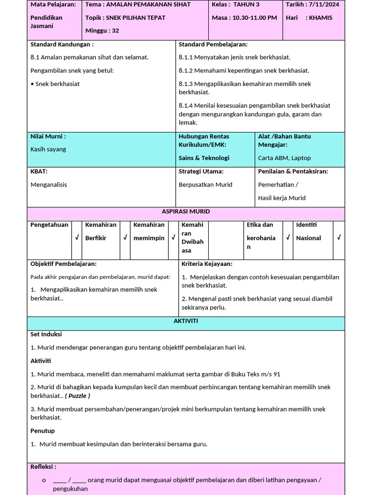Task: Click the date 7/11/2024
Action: [x=326, y=4]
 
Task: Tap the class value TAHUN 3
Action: [x=246, y=4]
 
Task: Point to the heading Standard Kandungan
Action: [x=62, y=44]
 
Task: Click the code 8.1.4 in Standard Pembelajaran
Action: [x=186, y=105]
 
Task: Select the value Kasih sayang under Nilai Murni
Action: [x=48, y=149]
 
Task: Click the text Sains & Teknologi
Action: [x=204, y=158]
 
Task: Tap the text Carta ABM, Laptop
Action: [x=284, y=158]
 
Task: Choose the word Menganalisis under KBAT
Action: [x=49, y=185]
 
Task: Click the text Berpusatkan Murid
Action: [x=205, y=185]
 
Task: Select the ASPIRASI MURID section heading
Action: [x=186, y=212]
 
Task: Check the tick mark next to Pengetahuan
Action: [x=77, y=237]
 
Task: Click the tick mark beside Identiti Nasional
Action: [x=339, y=237]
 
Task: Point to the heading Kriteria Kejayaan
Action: [x=207, y=264]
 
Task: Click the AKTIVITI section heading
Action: [x=186, y=321]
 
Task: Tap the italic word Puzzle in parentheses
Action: [x=77, y=396]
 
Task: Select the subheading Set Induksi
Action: [x=46, y=335]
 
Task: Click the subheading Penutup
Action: [x=43, y=431]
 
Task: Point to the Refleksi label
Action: [x=43, y=467]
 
